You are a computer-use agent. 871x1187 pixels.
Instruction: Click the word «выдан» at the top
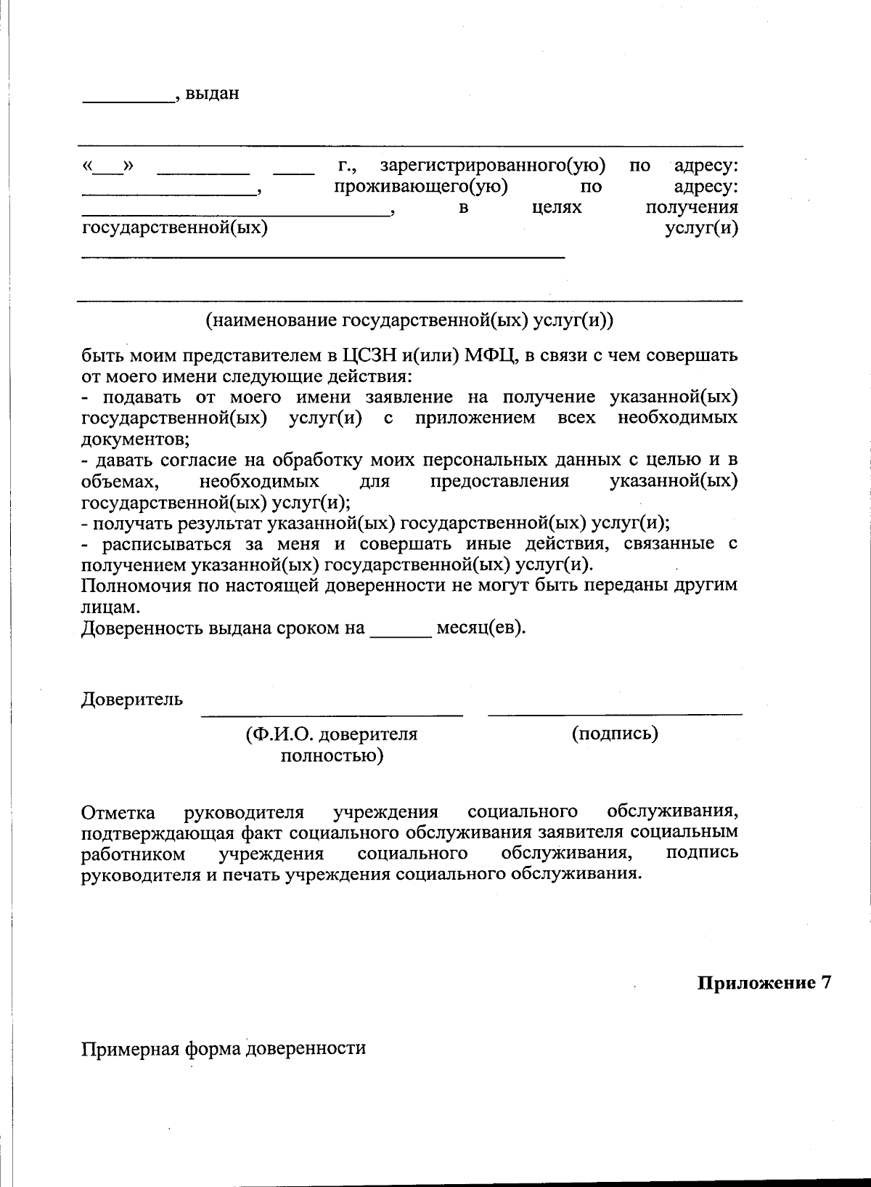click(212, 94)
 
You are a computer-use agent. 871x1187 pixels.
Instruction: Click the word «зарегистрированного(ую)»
click(493, 166)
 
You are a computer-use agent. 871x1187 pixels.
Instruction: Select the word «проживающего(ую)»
click(420, 187)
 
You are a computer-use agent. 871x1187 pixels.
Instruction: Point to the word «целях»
click(557, 208)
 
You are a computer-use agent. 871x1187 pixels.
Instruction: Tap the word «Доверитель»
click(131, 700)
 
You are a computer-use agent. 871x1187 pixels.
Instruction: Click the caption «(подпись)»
click(615, 734)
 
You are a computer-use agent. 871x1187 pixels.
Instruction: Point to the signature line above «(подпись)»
click(615, 715)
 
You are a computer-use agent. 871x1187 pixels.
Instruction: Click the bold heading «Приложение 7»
click(764, 984)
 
